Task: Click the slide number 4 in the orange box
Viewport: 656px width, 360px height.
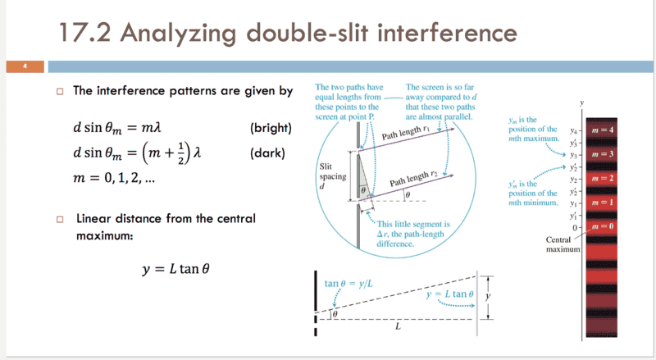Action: click(25, 66)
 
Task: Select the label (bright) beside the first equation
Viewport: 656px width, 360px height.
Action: click(266, 129)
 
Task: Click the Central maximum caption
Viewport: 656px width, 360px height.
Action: click(563, 244)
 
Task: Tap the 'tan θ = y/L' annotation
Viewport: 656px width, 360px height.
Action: click(348, 284)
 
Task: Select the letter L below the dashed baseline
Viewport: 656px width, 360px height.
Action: click(397, 326)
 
